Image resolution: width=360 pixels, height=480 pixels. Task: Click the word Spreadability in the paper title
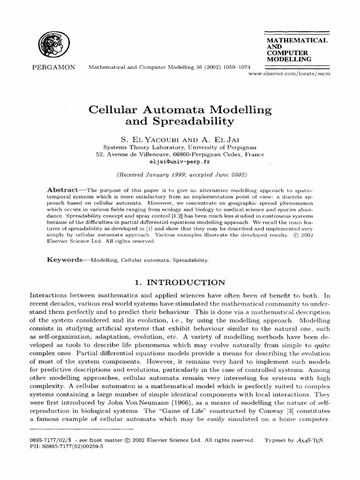click(180, 122)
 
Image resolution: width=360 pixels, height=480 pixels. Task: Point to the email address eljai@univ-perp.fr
click(180, 161)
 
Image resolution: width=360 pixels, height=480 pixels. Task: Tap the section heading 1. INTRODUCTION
click(180, 283)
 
